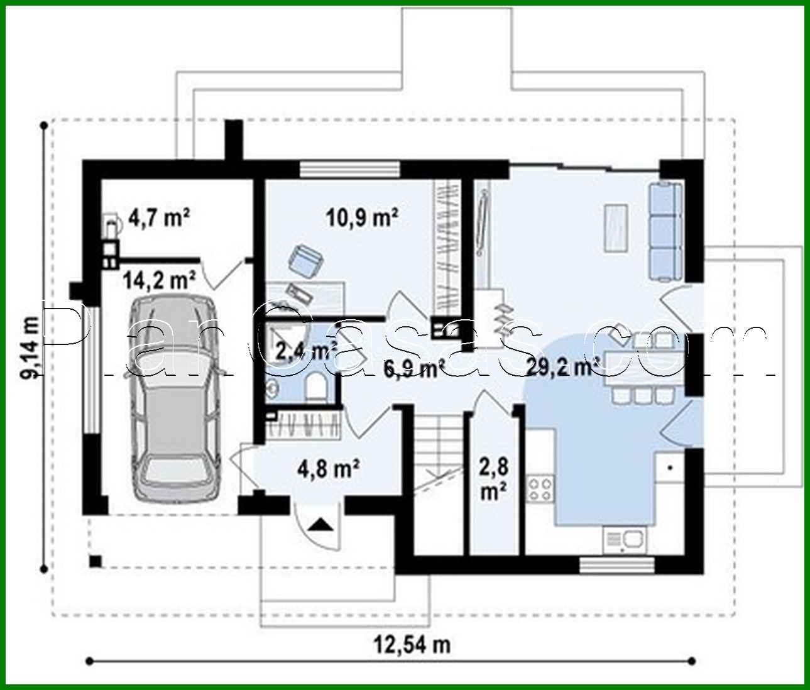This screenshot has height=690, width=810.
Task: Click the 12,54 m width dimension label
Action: point(412,644)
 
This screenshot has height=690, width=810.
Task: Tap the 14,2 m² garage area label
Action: point(159,280)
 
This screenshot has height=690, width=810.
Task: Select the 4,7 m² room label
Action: point(159,217)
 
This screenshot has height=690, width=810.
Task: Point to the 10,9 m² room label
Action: point(362,217)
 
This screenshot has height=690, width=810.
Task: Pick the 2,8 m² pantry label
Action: point(494,479)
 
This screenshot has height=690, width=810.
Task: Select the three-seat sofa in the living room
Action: point(665,231)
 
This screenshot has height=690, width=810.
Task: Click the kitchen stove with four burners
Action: point(541,489)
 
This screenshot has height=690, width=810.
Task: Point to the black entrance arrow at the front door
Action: point(321,523)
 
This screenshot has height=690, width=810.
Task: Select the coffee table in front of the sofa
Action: point(616,228)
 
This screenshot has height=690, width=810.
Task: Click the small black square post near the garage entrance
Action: point(95,561)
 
